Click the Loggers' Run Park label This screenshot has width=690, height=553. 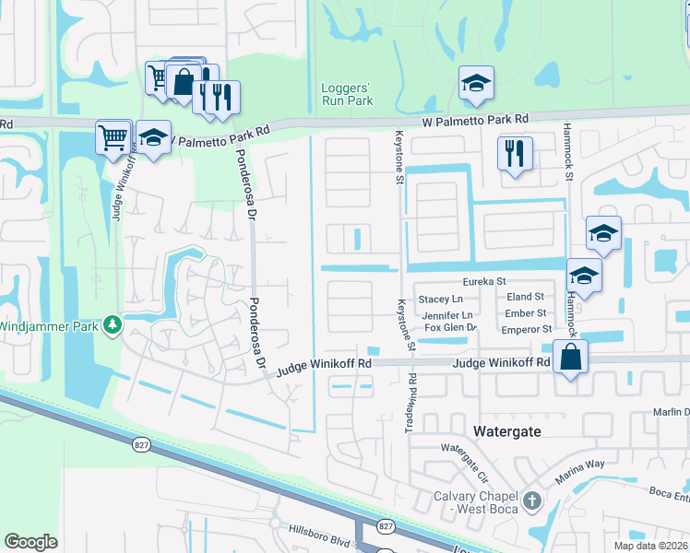click(347, 94)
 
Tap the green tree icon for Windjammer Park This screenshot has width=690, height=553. click(113, 324)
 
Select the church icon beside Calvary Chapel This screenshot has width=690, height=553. click(530, 500)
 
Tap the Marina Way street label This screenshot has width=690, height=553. click(578, 471)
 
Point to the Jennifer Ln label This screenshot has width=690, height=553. click(446, 314)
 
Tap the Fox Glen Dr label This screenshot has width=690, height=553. click(450, 327)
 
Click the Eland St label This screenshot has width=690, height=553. click(526, 297)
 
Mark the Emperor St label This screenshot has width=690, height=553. click(528, 328)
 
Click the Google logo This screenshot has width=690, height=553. click(30, 542)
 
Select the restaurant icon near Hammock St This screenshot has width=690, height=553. click(515, 152)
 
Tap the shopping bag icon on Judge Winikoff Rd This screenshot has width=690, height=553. click(571, 357)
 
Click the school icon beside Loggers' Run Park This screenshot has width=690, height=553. click(476, 84)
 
